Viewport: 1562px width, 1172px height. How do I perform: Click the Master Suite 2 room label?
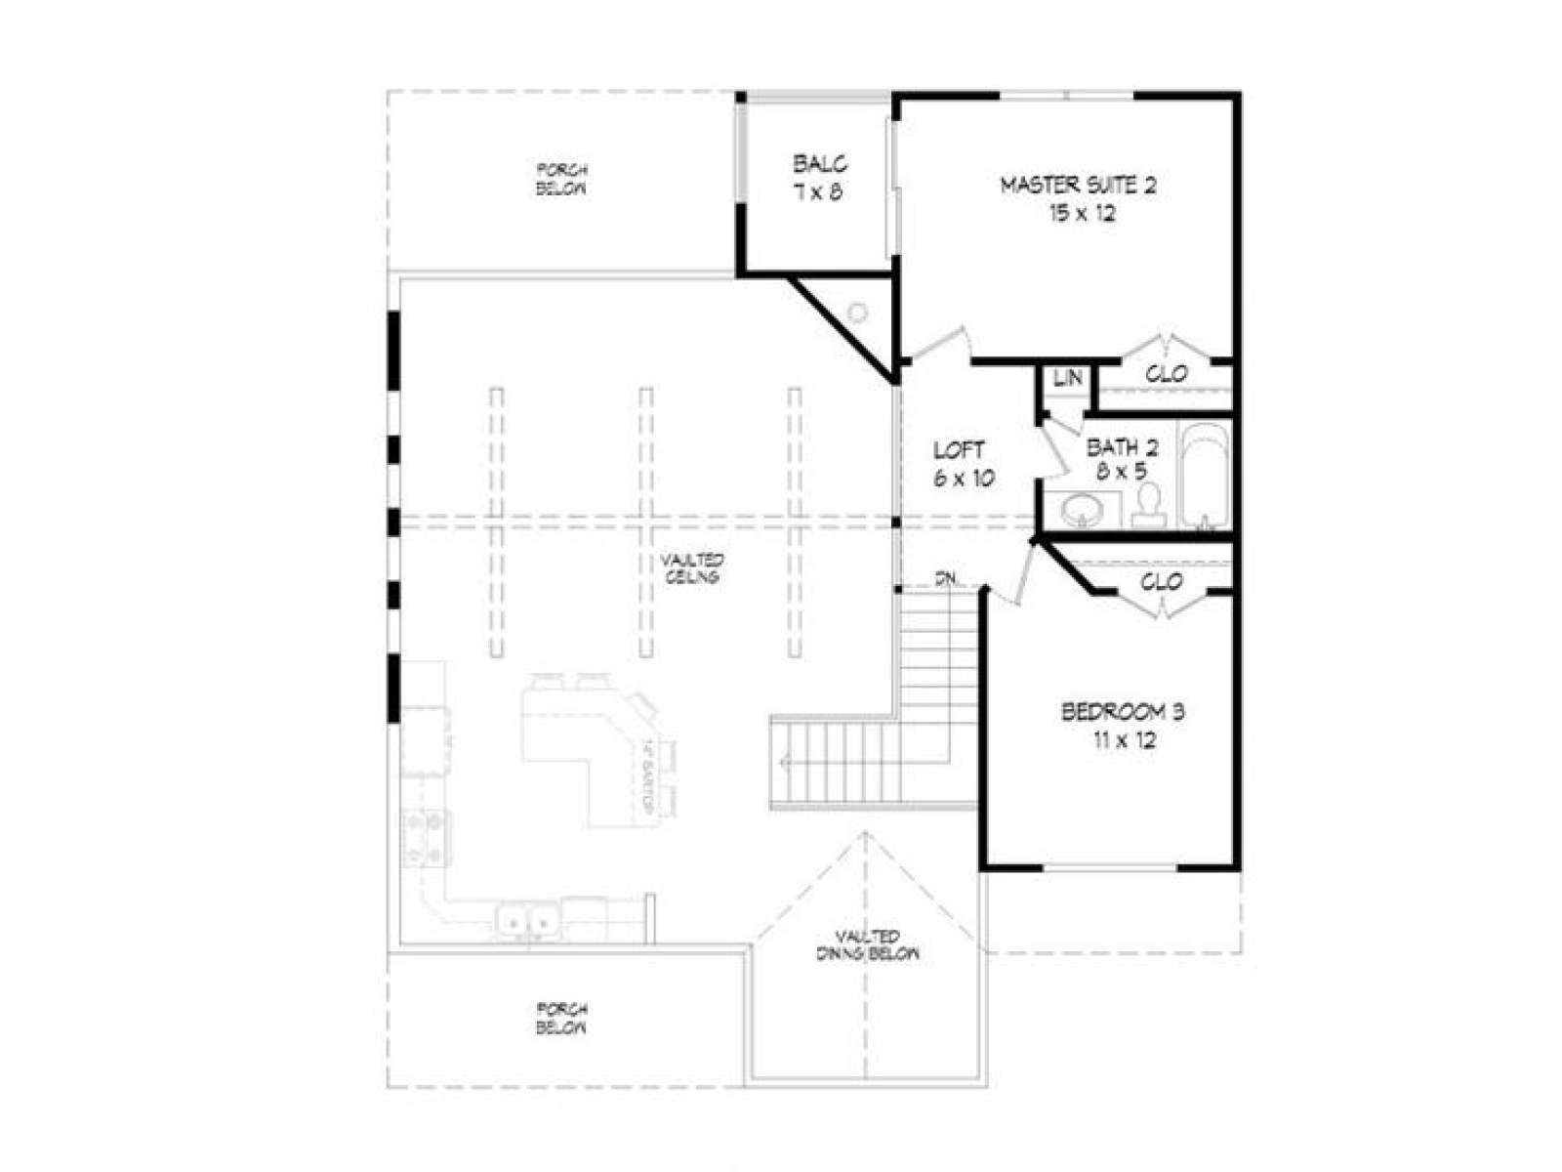click(1080, 198)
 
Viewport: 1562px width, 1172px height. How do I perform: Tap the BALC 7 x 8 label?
click(818, 178)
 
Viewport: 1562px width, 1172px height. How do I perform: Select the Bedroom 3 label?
click(1123, 725)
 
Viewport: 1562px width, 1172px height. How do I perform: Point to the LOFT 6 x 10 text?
click(961, 464)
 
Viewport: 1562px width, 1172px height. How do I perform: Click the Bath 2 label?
click(1122, 459)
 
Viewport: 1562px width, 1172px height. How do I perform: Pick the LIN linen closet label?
click(1067, 377)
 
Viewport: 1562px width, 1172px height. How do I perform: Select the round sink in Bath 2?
click(1079, 509)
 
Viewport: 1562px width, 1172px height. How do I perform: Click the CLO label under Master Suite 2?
click(1166, 374)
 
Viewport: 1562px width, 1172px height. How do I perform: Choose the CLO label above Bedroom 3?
click(1162, 582)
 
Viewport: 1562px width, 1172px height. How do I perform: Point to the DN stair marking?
click(944, 579)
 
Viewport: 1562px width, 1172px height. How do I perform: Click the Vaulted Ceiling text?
click(692, 568)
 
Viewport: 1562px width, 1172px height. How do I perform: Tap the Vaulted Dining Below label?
click(867, 944)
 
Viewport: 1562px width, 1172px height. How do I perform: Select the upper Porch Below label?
click(561, 180)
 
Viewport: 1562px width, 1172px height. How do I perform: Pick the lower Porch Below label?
click(561, 1018)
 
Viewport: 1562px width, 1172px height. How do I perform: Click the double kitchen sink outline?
click(526, 921)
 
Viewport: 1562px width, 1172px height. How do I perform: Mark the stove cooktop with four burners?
click(426, 839)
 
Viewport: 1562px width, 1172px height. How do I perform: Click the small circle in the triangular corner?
click(857, 313)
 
